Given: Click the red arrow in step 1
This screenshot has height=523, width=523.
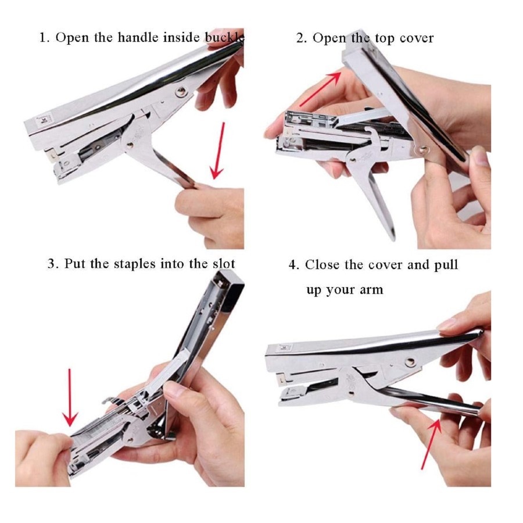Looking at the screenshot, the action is pyautogui.click(x=218, y=151).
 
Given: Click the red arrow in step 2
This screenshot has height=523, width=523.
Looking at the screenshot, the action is pyautogui.click(x=320, y=89).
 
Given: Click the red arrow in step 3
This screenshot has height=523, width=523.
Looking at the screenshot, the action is pyautogui.click(x=70, y=397).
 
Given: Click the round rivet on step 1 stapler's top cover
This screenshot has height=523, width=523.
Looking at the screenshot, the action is pyautogui.click(x=181, y=91).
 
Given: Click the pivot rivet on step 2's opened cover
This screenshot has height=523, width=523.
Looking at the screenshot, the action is pyautogui.click(x=424, y=149).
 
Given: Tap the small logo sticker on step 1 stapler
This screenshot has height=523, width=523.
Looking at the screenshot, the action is pyautogui.click(x=44, y=119).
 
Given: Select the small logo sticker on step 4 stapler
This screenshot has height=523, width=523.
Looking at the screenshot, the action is pyautogui.click(x=284, y=348).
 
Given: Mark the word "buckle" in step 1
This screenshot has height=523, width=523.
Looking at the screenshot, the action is pyautogui.click(x=224, y=37).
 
